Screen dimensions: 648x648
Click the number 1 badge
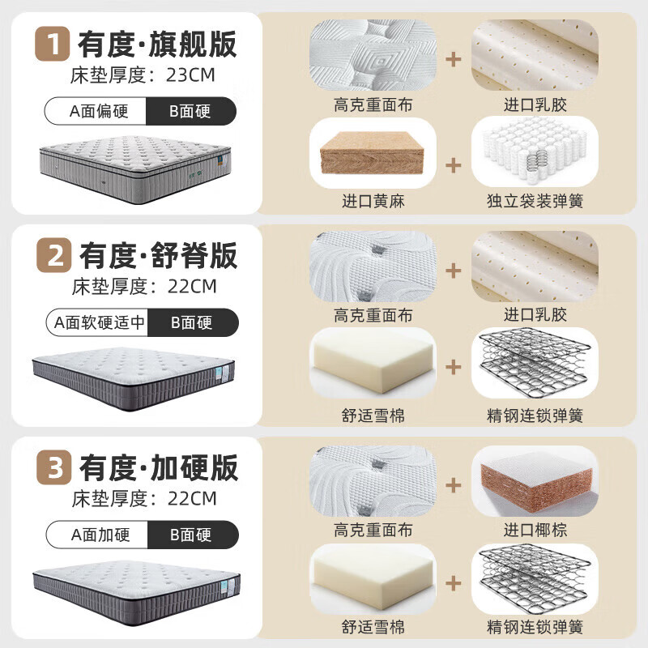click(x=53, y=44)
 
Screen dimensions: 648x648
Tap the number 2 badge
click(x=54, y=255)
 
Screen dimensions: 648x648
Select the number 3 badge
click(x=54, y=467)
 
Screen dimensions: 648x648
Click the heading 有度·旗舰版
click(x=157, y=44)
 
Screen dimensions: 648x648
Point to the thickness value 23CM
click(x=190, y=75)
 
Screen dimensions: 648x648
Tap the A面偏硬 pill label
click(x=98, y=111)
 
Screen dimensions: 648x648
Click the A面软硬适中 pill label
click(x=99, y=322)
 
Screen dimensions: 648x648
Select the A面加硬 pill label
click(x=100, y=535)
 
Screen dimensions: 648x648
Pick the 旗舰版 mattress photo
click(x=135, y=169)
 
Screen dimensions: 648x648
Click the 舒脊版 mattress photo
click(x=134, y=379)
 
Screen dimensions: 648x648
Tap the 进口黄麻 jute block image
click(x=373, y=153)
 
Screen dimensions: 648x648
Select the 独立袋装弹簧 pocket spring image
click(x=535, y=151)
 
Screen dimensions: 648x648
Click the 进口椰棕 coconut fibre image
click(x=535, y=481)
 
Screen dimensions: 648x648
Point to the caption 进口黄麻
click(x=373, y=201)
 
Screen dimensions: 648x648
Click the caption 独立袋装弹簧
click(x=535, y=201)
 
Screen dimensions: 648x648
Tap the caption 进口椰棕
click(x=535, y=530)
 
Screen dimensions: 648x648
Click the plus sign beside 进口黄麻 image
click(x=454, y=165)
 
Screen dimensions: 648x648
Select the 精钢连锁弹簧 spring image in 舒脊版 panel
click(x=535, y=363)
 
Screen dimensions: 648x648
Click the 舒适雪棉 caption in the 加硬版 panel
click(x=373, y=627)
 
